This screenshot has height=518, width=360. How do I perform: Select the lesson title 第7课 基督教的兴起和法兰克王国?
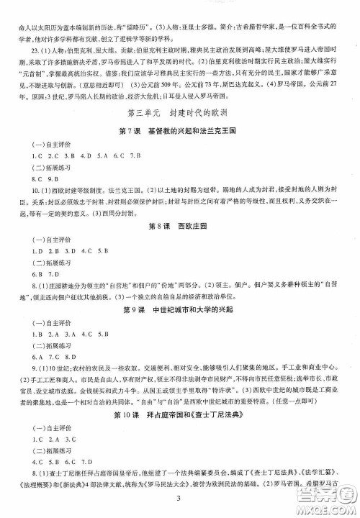click(179, 129)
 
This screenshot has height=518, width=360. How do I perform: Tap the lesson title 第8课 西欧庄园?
click(179, 227)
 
